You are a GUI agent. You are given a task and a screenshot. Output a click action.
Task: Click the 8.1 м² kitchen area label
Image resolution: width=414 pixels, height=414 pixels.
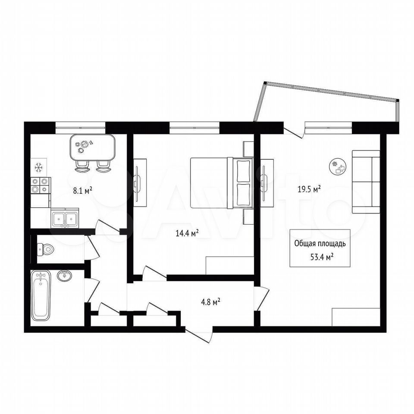tap(83, 190)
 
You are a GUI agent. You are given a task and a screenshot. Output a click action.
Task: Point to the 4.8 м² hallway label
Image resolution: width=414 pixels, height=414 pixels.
tap(211, 302)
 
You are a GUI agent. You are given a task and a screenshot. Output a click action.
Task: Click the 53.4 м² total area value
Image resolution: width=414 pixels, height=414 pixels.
tap(321, 257)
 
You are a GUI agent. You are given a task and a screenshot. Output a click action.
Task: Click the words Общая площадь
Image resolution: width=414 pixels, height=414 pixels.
tap(320, 243)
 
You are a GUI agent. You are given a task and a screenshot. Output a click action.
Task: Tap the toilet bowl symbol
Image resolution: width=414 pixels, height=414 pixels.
tap(46, 249)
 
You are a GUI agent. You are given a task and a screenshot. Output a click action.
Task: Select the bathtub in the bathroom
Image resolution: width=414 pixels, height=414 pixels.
tap(41, 296)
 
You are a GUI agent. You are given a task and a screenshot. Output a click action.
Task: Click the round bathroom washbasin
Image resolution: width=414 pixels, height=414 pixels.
tap(64, 276)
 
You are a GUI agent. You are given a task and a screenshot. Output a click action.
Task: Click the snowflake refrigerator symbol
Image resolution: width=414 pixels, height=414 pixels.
tap(39, 167)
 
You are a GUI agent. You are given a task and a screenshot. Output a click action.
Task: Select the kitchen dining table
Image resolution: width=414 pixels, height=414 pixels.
tap(92, 147)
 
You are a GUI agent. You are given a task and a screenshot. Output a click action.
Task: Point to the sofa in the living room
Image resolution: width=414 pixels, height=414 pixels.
tap(366, 182)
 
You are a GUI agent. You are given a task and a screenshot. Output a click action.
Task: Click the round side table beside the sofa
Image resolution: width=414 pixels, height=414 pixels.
tap(338, 166)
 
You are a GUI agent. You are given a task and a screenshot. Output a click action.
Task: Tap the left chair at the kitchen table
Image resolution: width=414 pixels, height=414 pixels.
tap(82, 166)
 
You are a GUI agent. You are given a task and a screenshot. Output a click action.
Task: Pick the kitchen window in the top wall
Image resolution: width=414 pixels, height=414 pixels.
tap(80, 128)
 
